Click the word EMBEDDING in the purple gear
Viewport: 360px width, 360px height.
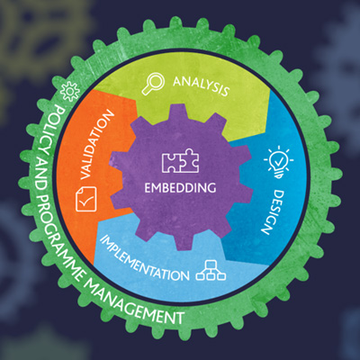click(x=180, y=188)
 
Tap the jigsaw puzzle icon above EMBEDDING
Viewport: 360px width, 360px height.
click(x=180, y=160)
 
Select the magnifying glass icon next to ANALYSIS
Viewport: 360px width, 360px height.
click(x=153, y=85)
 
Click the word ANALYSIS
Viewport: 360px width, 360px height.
click(x=201, y=86)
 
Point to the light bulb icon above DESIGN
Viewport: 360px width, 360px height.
click(x=279, y=162)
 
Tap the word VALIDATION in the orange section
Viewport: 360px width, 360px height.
click(x=97, y=145)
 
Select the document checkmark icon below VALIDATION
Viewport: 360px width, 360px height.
click(x=86, y=199)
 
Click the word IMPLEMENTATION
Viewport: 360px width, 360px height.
click(x=144, y=258)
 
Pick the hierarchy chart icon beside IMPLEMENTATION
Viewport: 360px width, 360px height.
click(x=211, y=270)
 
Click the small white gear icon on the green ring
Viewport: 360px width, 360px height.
click(x=70, y=91)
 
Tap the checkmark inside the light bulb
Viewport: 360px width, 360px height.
click(x=279, y=162)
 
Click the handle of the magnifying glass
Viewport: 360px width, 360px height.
click(x=147, y=90)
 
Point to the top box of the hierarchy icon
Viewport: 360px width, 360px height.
click(x=211, y=264)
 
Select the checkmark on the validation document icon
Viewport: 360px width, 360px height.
click(x=86, y=201)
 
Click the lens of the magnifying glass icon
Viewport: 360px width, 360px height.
click(x=157, y=81)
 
